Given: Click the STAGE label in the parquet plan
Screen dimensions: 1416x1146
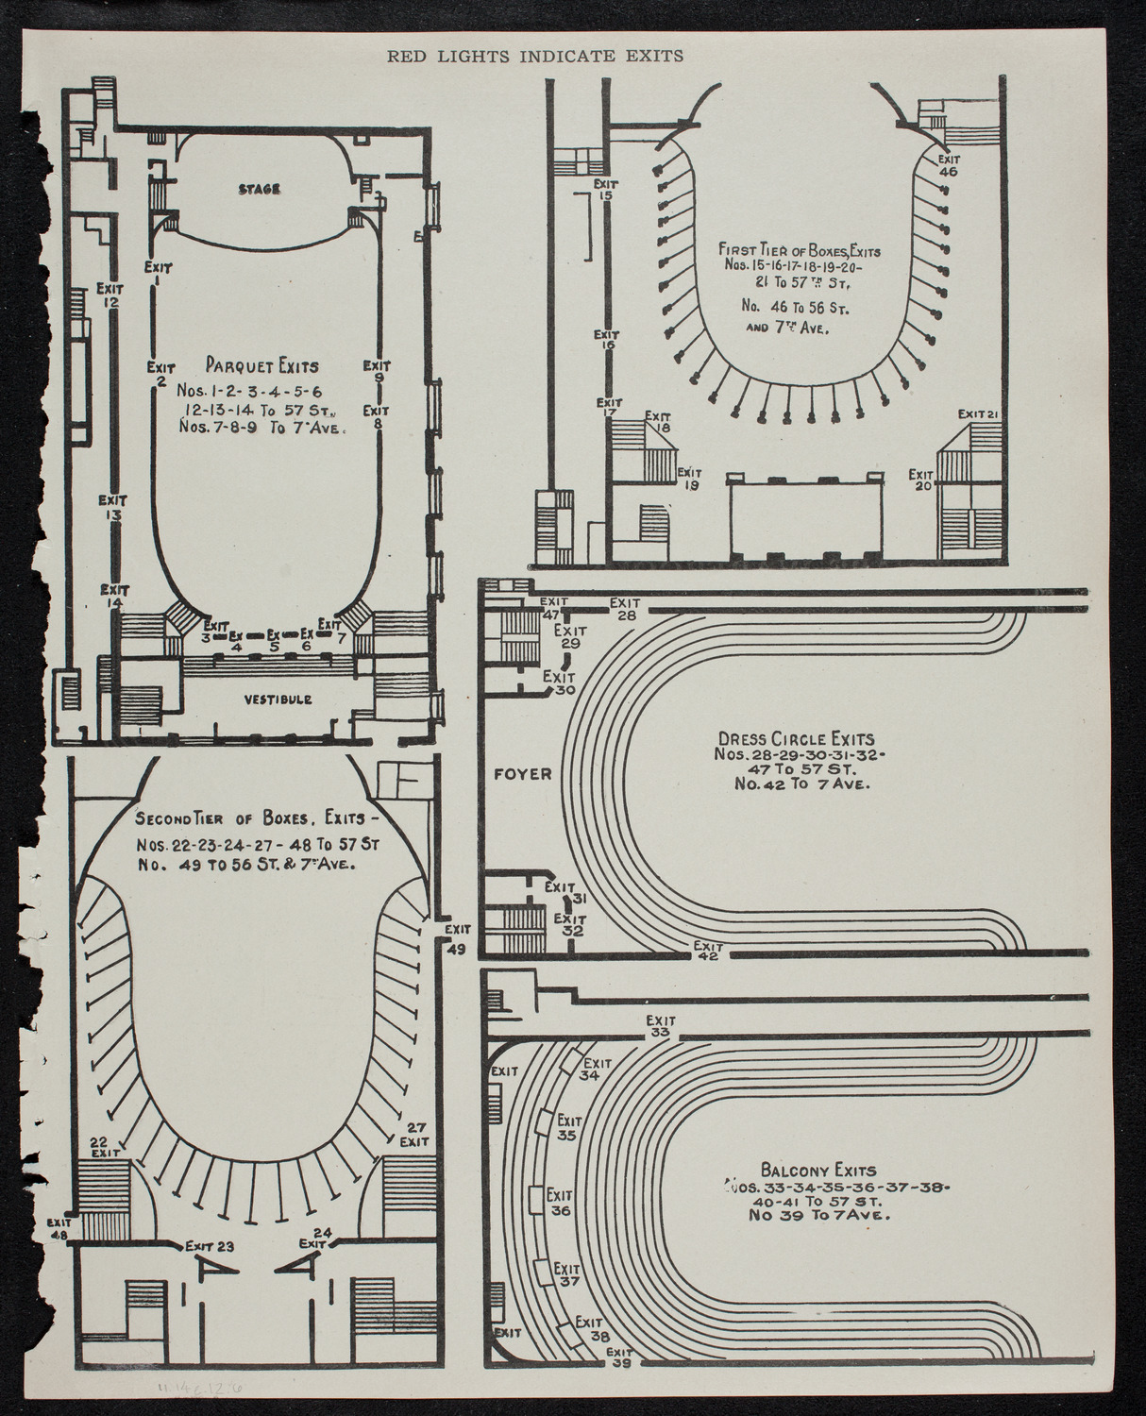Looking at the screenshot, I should click(x=259, y=190).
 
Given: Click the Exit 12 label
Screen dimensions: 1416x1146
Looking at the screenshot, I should click(x=110, y=295).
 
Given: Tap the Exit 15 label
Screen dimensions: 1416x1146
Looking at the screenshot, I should click(x=605, y=189).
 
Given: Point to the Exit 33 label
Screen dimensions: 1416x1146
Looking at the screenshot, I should click(x=661, y=1026).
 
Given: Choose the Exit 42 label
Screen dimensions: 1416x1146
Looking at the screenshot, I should click(x=707, y=951).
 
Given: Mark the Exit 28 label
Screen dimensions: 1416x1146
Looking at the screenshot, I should click(x=625, y=609).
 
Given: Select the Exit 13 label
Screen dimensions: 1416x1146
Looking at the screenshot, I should click(x=114, y=508).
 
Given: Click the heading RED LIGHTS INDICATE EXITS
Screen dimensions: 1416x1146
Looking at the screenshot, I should click(x=535, y=56).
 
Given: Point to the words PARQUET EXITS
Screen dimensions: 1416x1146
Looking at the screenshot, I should click(x=261, y=365).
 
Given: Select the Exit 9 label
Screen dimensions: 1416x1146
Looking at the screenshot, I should click(x=377, y=371).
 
